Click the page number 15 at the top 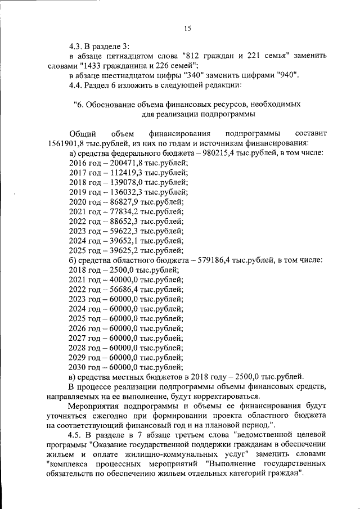(x=188, y=29)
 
